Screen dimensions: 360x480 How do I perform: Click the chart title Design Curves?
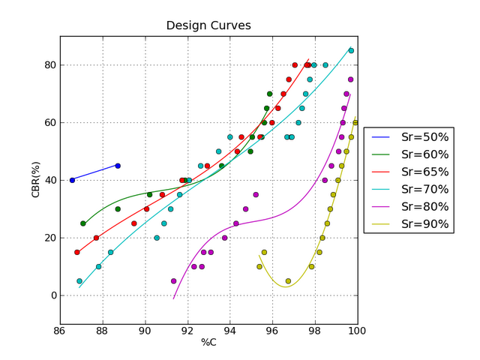208,25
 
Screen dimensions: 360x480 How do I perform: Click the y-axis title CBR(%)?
35,180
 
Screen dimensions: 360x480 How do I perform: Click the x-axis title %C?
208,343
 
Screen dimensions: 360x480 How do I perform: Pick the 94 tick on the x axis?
229,331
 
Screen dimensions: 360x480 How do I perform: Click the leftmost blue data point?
72,180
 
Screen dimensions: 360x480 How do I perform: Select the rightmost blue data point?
118,166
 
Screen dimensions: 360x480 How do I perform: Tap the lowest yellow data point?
288,281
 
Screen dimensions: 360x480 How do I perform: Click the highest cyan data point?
351,51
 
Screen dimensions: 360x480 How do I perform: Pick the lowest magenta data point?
174,281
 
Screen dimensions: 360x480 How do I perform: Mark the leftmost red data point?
76,252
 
